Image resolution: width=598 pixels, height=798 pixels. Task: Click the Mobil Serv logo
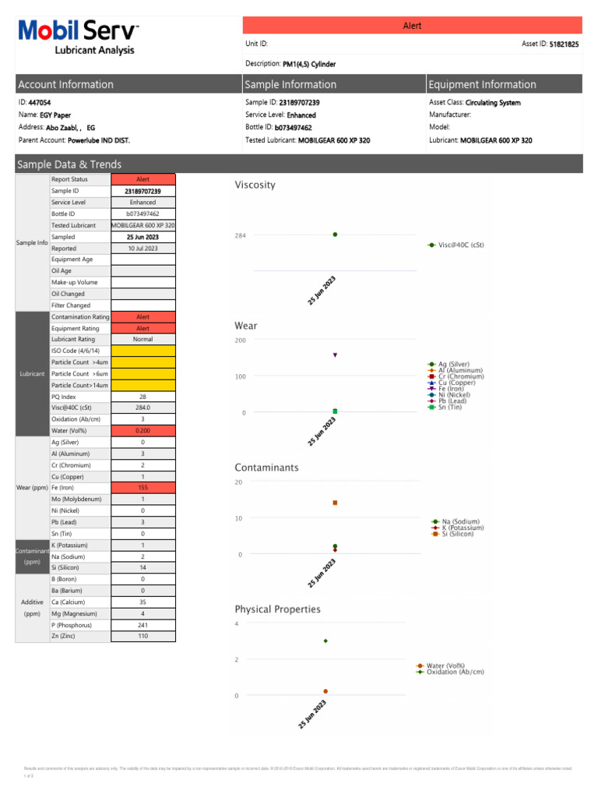click(78, 36)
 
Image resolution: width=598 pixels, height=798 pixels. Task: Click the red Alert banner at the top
click(412, 26)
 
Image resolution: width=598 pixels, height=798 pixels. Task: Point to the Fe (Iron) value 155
click(143, 487)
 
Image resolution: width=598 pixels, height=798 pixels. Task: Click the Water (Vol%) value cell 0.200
click(143, 430)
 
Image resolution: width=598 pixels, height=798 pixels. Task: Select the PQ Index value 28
click(143, 397)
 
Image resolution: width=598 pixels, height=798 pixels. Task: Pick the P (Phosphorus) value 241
click(143, 625)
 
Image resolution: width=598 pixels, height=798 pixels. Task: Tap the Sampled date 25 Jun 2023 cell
click(143, 236)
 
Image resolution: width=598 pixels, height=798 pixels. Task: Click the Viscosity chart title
click(255, 185)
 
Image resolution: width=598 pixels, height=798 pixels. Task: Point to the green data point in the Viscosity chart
click(335, 235)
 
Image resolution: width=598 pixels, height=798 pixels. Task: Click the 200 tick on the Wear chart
click(240, 341)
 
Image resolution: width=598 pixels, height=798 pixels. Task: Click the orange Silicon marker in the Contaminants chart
click(335, 503)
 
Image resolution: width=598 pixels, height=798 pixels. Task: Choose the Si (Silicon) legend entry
click(456, 534)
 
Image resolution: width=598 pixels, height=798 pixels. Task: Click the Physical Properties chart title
click(277, 609)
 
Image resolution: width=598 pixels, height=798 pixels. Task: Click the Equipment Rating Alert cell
click(143, 328)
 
